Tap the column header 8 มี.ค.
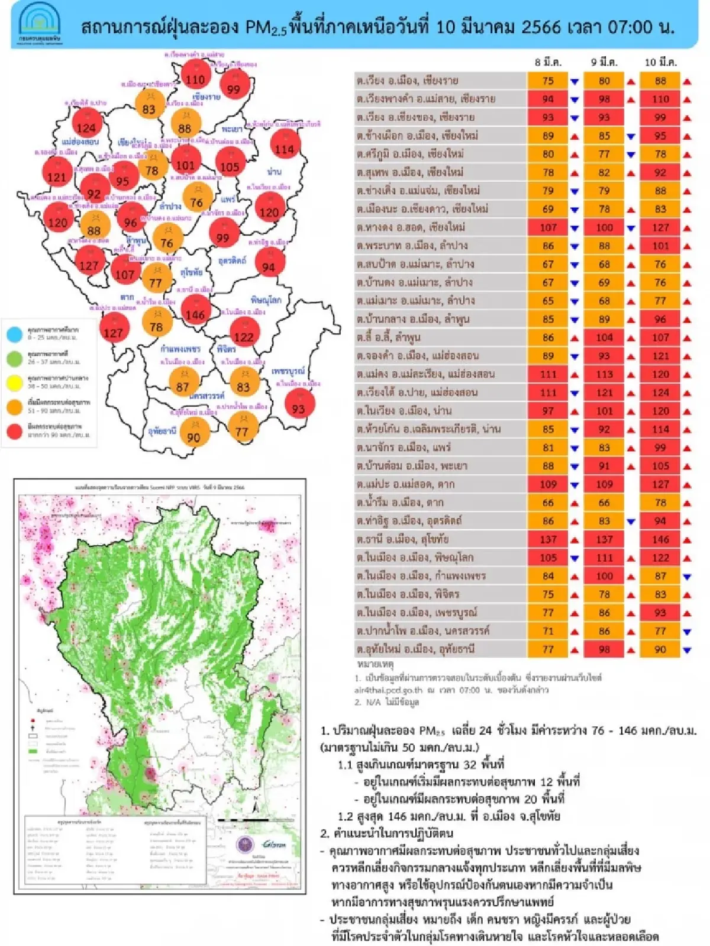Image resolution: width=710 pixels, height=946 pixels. click(x=548, y=62)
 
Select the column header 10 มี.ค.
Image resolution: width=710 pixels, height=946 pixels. click(x=660, y=62)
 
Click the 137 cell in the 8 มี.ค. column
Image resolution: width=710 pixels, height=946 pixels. click(x=548, y=539)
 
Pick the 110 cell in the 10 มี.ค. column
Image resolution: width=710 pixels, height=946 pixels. click(x=660, y=99)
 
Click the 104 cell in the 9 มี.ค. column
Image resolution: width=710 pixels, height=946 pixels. click(x=604, y=337)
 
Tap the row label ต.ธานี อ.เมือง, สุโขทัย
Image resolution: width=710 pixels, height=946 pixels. click(x=402, y=539)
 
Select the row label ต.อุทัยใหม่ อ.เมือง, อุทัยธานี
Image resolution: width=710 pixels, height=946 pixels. click(x=415, y=649)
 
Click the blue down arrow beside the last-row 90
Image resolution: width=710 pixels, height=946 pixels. click(x=686, y=650)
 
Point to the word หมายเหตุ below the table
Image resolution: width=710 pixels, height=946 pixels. click(x=376, y=664)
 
